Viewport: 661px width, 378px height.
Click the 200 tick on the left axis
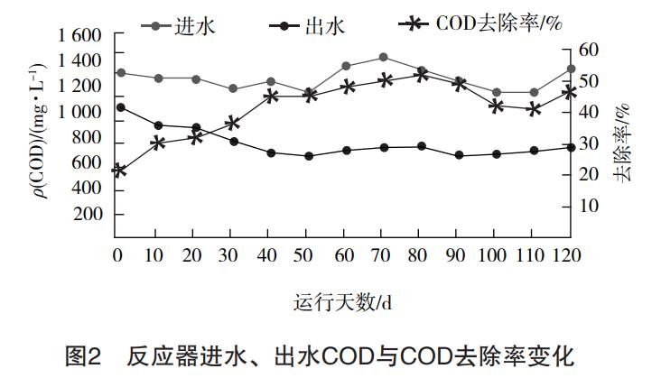(x=90, y=215)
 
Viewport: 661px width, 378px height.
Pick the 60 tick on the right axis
(x=589, y=50)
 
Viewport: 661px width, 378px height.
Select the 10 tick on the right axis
(x=589, y=206)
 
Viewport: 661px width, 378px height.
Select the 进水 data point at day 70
(x=384, y=57)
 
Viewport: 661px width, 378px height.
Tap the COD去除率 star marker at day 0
(x=118, y=170)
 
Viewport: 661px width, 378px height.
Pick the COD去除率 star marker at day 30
(x=232, y=122)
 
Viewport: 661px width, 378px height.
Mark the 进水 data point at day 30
(x=233, y=88)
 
